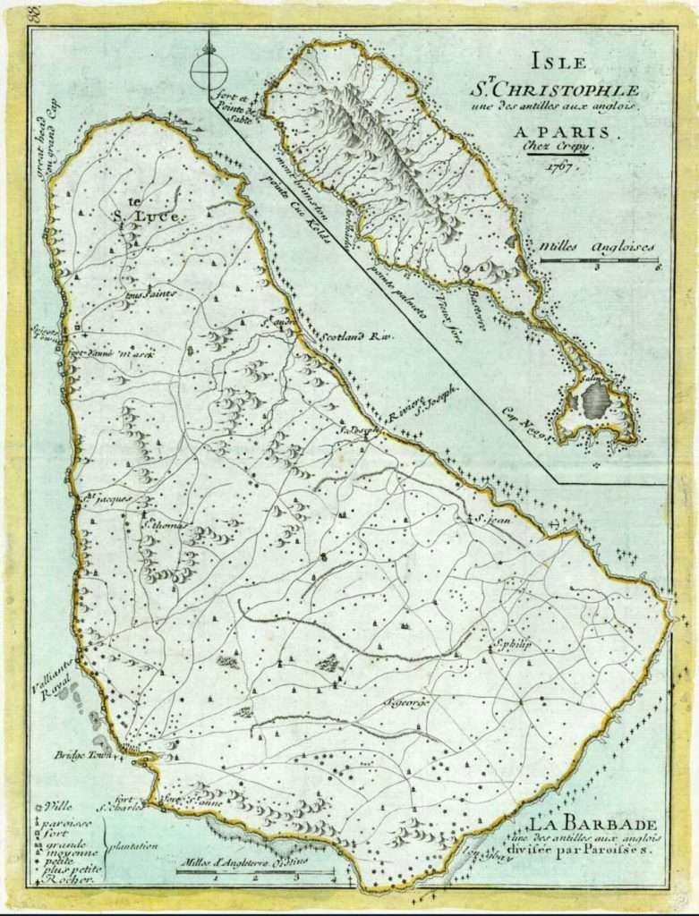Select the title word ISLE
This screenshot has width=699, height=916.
click(x=558, y=62)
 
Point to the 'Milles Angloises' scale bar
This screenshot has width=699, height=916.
click(x=599, y=260)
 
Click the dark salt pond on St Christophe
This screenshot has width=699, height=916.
click(x=595, y=400)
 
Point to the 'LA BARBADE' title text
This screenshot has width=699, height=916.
click(x=594, y=823)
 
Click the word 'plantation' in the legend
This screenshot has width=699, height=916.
click(x=134, y=844)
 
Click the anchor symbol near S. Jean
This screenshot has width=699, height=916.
click(x=558, y=523)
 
